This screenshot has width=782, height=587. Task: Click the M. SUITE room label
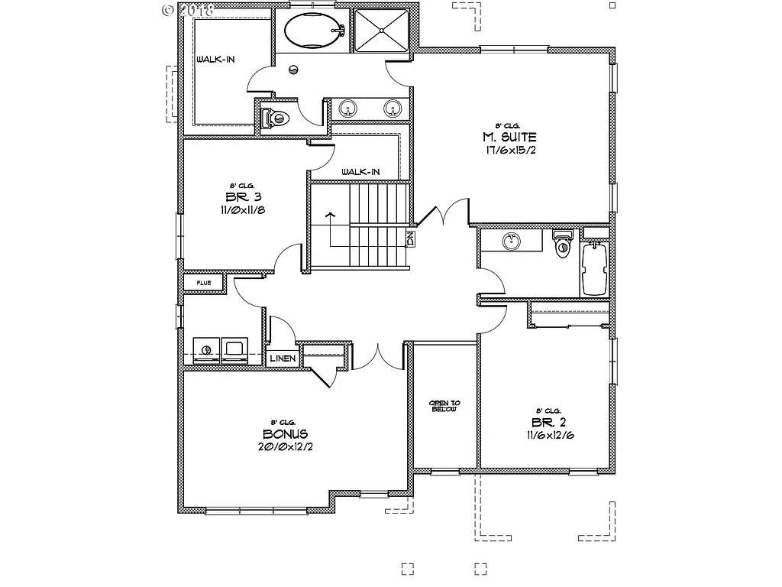(509, 138)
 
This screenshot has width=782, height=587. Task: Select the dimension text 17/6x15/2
(509, 151)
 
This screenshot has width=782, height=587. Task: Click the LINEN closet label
(282, 358)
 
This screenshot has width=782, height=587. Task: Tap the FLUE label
(203, 283)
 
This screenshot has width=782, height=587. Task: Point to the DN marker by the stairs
(410, 238)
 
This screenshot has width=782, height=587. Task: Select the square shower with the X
(381, 30)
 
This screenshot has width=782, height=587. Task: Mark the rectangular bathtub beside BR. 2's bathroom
(594, 269)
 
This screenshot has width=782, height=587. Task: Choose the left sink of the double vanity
(348, 109)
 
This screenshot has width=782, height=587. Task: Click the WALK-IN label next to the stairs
(360, 172)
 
